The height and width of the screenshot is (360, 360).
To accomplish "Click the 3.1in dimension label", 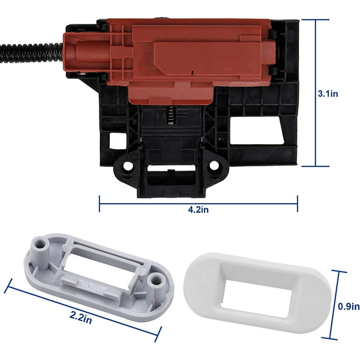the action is tap(328, 94).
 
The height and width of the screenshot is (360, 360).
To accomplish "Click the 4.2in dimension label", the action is tap(198, 210).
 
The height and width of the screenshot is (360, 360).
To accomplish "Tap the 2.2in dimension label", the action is tap(81, 317).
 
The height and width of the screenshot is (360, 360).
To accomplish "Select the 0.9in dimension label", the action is tap(349, 307).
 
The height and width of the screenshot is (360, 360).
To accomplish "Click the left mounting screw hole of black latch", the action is tap(128, 166).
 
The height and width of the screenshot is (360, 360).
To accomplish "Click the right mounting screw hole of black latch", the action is tap(214, 166).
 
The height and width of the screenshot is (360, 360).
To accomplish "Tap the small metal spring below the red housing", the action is tap(170, 116).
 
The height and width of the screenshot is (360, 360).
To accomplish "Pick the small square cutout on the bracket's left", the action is tap(118, 141).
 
